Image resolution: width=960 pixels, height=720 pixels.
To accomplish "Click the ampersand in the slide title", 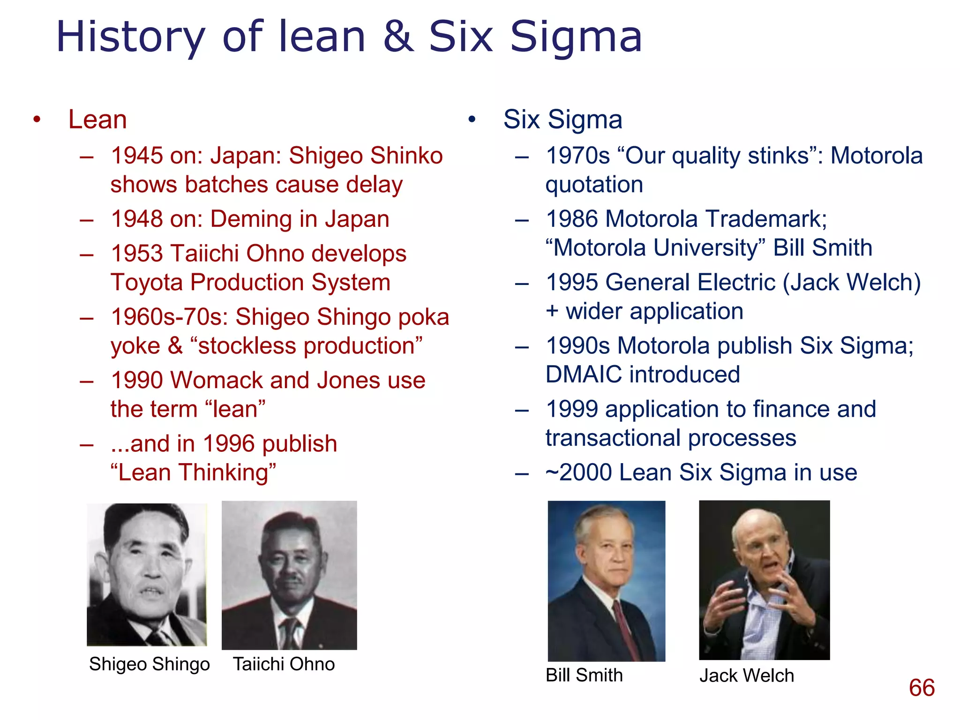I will [398, 37].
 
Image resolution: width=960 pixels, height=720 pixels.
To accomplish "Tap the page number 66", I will [922, 688].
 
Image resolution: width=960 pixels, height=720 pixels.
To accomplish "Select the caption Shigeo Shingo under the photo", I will [150, 664].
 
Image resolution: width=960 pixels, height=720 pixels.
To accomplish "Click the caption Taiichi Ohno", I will [284, 664].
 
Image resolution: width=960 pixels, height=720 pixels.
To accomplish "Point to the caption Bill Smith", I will [584, 675].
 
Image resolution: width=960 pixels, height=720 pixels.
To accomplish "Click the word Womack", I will [226, 380].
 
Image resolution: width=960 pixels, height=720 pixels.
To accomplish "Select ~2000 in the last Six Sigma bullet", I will [578, 472].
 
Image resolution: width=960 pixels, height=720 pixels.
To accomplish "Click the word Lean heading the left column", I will [97, 120].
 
